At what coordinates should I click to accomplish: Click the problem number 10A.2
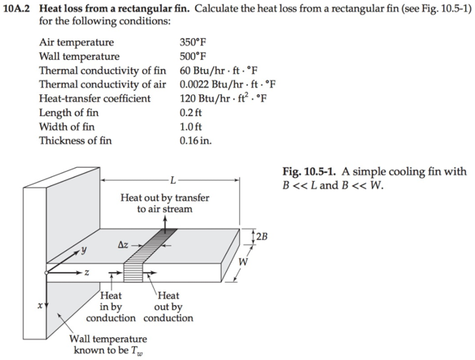(x=18, y=7)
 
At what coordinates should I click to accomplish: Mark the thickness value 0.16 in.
(x=194, y=140)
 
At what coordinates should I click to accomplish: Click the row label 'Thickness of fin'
(x=75, y=140)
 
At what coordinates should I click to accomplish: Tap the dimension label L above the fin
(x=173, y=180)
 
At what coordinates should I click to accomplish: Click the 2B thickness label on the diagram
(x=262, y=236)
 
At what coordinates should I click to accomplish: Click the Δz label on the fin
(x=124, y=245)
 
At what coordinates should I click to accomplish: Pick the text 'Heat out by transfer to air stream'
(x=165, y=203)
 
